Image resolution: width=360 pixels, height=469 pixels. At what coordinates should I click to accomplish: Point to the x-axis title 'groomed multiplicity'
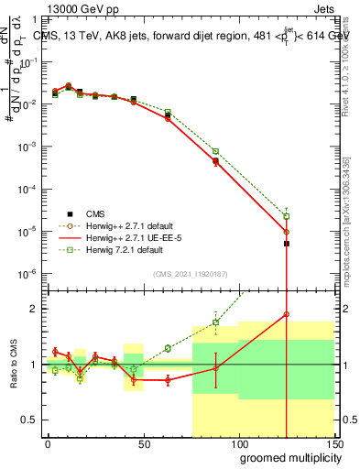point(286,457)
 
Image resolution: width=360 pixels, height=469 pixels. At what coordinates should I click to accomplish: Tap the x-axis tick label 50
point(143,443)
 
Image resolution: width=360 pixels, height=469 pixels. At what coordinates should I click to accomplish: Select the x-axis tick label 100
point(238,443)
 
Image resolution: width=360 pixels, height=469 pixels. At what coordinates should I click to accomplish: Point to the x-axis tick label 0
point(48,443)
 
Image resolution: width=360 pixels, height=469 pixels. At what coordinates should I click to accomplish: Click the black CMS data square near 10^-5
point(287,244)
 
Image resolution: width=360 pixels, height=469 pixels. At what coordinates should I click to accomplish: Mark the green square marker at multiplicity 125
point(287,216)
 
